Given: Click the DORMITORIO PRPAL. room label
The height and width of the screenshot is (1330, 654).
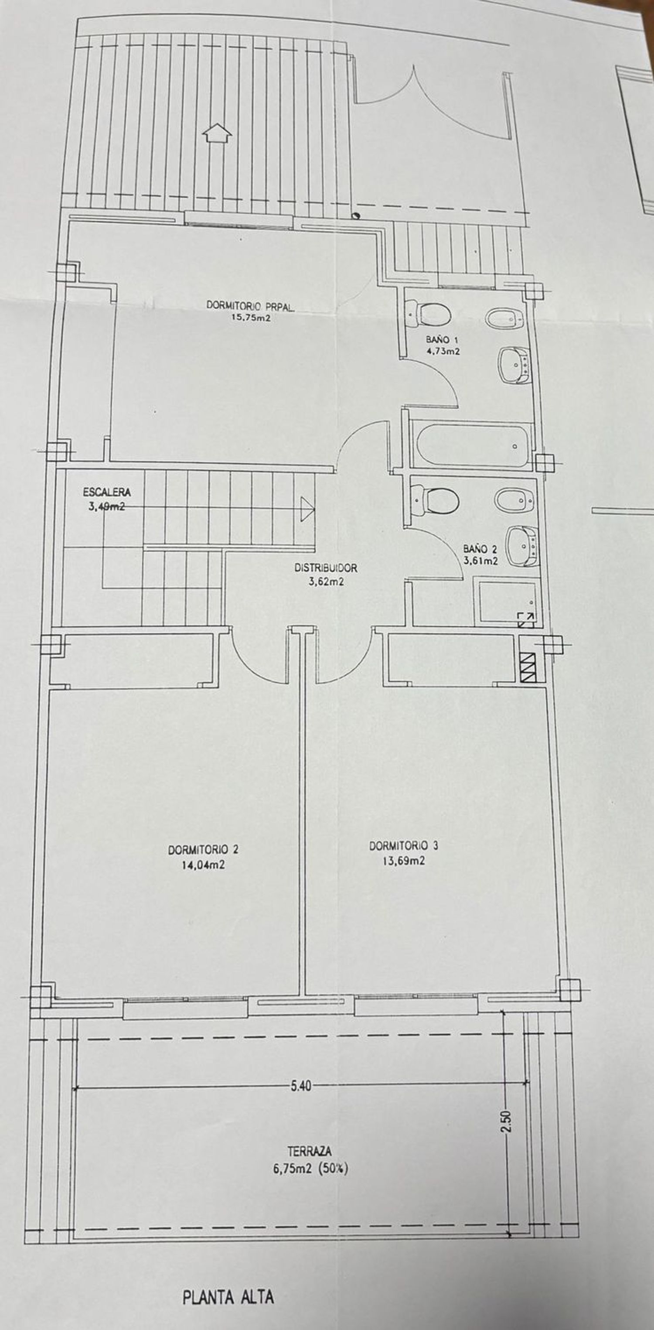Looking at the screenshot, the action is click(251, 306).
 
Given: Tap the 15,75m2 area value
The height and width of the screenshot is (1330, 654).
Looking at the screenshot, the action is click(250, 318).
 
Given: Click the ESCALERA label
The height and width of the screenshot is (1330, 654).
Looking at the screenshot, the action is click(107, 492).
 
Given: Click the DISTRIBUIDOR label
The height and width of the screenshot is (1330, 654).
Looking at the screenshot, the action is click(326, 568).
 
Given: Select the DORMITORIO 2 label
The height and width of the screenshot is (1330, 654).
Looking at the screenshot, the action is click(203, 850).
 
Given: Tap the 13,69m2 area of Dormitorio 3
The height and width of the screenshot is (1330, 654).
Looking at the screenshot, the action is click(404, 861).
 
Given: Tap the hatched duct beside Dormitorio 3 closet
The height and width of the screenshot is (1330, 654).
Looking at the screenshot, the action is click(528, 667).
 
